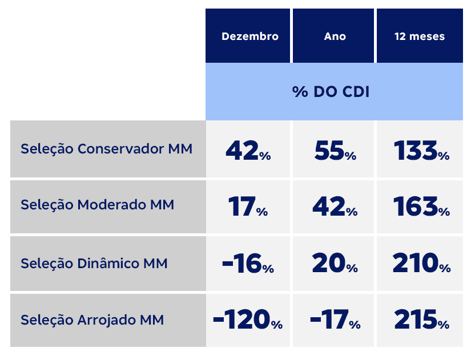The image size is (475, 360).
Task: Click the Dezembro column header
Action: [249, 36]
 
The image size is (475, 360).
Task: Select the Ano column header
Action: [335, 36]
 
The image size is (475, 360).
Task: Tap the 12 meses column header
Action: [419, 36]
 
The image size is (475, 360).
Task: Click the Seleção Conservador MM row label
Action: [106, 149]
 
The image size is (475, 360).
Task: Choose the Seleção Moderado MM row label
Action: [97, 205]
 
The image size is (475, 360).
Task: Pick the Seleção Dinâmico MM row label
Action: [94, 264]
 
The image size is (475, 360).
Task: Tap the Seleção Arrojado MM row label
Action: [92, 320]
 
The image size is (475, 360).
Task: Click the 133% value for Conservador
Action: [421, 151]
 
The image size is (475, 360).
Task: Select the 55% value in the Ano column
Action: [335, 151]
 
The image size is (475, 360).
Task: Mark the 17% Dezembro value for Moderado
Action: [247, 207]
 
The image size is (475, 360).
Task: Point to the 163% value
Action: [421, 207]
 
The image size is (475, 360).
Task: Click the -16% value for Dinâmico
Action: [247, 264]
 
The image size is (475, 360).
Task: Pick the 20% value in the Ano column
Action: [335, 264]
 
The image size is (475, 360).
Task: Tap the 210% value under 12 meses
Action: [421, 264]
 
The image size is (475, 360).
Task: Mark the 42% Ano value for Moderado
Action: [335, 207]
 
